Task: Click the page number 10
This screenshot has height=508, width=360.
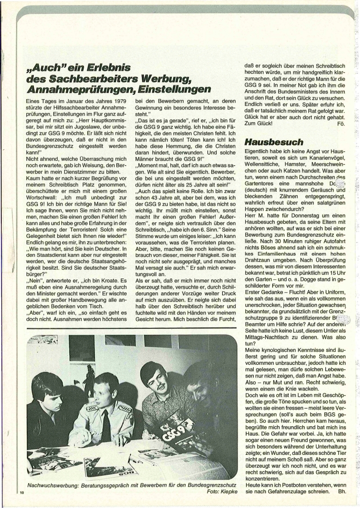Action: (x=22, y=494)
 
